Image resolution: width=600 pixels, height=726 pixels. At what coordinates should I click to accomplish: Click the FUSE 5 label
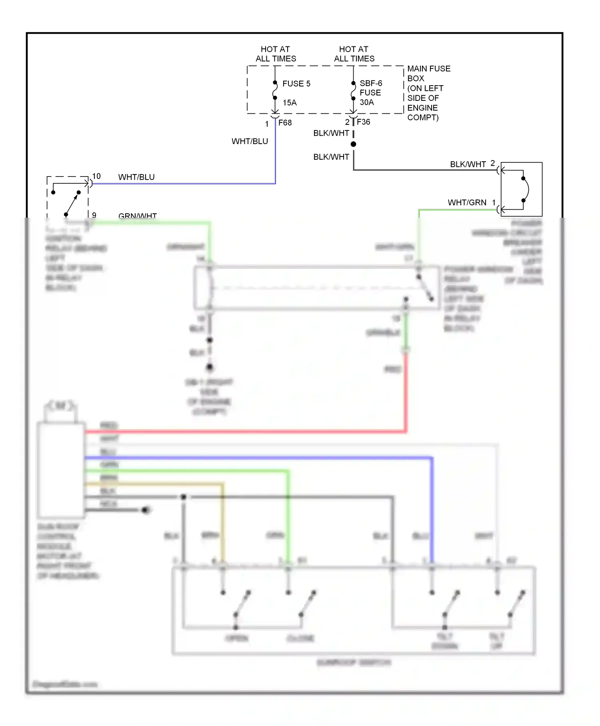(296, 84)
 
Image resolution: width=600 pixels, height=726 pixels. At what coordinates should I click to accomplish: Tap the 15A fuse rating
(290, 103)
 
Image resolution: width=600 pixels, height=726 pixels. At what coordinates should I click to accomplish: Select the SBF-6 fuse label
(371, 83)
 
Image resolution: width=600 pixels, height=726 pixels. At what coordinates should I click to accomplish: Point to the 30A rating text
(367, 102)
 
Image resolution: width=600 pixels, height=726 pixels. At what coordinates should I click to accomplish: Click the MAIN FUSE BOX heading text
(428, 73)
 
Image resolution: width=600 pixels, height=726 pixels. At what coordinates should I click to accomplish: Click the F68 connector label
(285, 123)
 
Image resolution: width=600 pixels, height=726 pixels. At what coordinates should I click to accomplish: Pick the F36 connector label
(363, 122)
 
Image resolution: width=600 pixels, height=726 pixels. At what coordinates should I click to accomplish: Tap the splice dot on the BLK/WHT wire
(353, 144)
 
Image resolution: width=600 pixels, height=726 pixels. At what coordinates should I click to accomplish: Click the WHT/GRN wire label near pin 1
(467, 203)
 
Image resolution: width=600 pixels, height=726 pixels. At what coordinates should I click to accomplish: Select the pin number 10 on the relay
(96, 176)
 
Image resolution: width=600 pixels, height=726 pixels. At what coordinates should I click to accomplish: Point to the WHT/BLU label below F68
(250, 141)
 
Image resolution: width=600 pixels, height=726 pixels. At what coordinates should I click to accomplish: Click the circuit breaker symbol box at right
(522, 189)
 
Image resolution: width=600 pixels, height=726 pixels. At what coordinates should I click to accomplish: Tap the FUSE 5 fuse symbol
(275, 90)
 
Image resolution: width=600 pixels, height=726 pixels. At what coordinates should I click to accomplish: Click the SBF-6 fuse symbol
(353, 91)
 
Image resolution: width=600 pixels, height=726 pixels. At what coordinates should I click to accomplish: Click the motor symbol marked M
(60, 406)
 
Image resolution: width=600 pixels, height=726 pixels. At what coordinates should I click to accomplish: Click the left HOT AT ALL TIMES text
(276, 54)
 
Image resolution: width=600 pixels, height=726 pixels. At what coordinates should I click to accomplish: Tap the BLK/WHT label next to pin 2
(468, 164)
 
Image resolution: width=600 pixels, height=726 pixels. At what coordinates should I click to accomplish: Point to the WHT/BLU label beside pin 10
(136, 177)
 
